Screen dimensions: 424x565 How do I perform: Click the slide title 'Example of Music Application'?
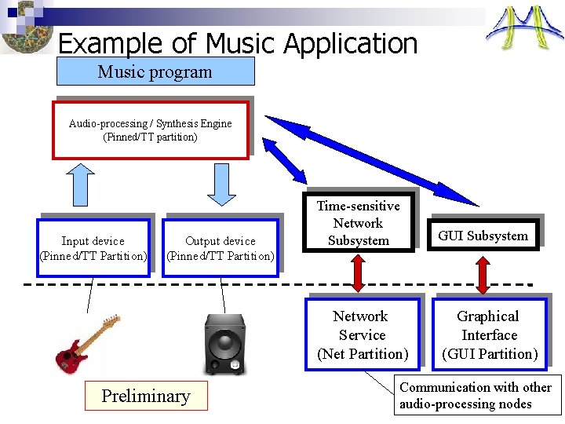pos(238,42)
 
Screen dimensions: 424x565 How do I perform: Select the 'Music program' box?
pos(155,71)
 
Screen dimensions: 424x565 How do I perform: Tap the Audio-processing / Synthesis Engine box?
pos(151,130)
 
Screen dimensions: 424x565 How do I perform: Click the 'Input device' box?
pos(93,248)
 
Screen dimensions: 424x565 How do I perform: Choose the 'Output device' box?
pos(221,248)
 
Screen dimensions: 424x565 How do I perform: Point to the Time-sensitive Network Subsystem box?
pos(359,223)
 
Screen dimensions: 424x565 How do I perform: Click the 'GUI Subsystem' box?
pos(483,235)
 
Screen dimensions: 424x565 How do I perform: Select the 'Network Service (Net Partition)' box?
pos(362,335)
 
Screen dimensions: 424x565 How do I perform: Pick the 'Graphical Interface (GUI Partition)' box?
pos(489,335)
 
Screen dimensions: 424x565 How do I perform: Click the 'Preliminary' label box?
pos(146,397)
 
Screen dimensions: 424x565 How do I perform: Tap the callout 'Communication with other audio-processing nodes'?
pos(476,396)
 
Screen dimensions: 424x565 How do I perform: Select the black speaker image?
pos(225,344)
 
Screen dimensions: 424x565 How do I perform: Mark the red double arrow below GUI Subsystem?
pos(484,274)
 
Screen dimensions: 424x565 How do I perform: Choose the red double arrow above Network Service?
pos(359,274)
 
